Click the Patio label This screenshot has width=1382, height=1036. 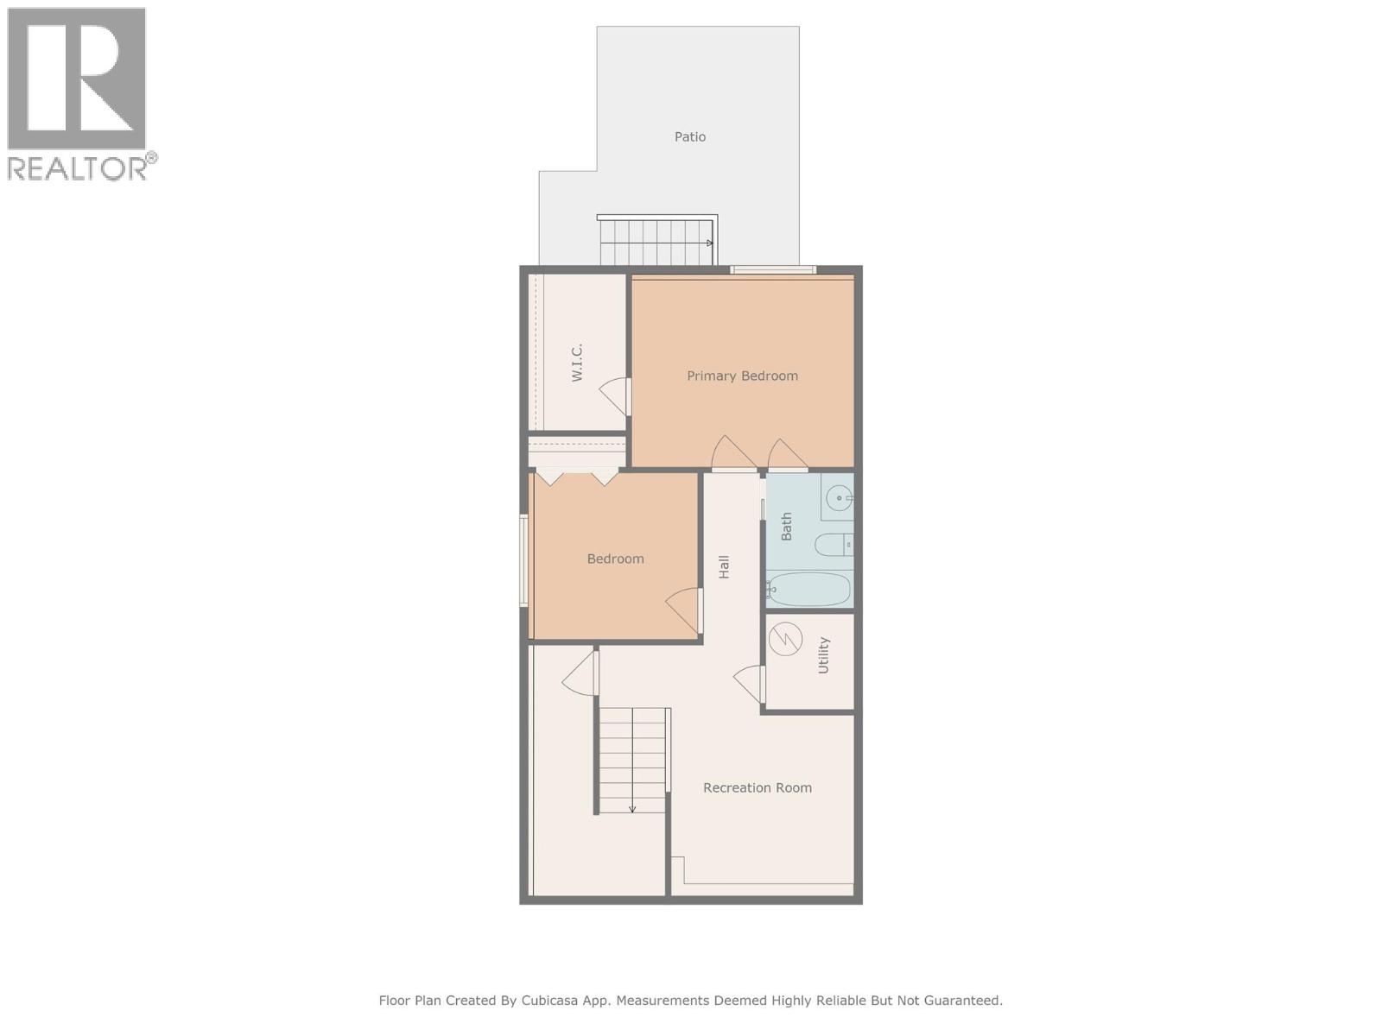690,136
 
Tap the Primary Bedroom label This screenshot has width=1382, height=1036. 742,376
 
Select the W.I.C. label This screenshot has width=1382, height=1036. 577,363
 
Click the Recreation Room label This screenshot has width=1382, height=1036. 757,787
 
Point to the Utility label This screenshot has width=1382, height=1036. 823,655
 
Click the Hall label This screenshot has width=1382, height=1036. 724,566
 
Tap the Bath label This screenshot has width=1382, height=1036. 786,527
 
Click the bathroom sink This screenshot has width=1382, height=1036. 839,498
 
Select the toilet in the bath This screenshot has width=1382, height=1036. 833,545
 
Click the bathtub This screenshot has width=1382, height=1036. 809,590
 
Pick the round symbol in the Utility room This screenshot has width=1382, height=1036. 786,640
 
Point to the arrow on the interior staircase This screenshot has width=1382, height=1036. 632,808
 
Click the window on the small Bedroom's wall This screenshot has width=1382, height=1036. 523,560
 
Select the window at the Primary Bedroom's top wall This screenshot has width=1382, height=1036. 773,270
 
